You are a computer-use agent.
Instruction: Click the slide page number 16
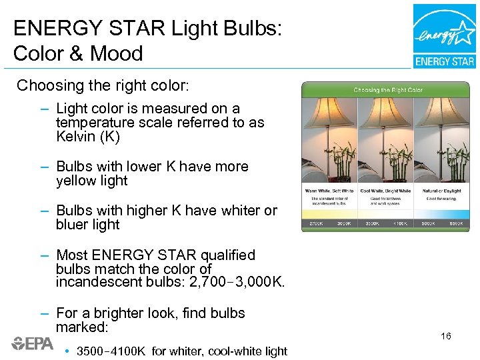(446, 336)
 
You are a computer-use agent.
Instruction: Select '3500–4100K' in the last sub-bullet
(111, 351)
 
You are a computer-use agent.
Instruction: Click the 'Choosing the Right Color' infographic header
(387, 90)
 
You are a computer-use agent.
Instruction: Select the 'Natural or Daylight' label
(441, 191)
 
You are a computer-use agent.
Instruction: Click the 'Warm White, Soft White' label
(329, 191)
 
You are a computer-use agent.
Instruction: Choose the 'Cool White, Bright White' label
(386, 191)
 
